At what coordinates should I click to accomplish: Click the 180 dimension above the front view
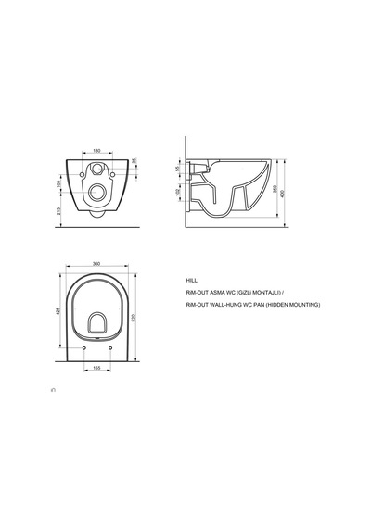96,151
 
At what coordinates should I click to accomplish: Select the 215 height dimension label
59,211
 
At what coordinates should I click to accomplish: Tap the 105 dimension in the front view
58,183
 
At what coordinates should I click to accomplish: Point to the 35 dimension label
134,160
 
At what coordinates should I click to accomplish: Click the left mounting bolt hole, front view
82,174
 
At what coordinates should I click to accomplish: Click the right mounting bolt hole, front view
112,174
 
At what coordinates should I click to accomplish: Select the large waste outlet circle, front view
97,193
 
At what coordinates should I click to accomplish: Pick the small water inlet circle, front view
97,168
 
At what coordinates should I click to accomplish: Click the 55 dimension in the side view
177,169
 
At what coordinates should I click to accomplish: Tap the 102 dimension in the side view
178,193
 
